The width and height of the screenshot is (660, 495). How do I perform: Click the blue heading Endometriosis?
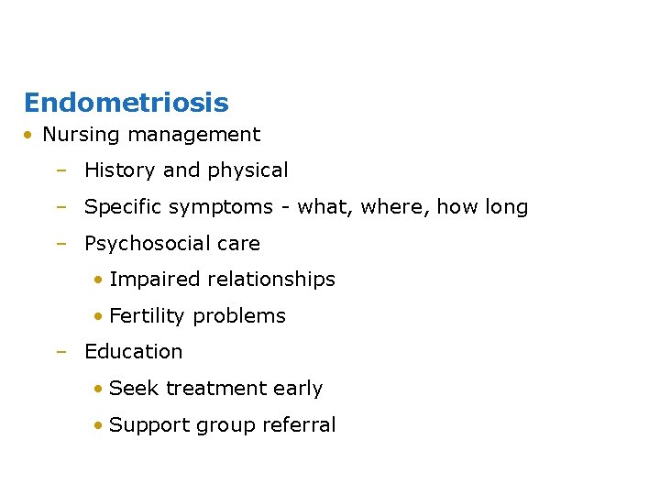click(126, 103)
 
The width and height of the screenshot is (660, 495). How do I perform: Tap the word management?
click(193, 135)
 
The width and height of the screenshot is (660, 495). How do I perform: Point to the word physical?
click(247, 171)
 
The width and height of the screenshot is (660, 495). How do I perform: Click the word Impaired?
click(152, 280)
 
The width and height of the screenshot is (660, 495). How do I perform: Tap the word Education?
click(134, 352)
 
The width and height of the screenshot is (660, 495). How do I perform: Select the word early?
click(299, 389)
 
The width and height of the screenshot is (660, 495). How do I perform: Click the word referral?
click(302, 425)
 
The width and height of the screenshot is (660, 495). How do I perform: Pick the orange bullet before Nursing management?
click(30, 136)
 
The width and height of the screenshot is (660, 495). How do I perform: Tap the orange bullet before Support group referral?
click(97, 425)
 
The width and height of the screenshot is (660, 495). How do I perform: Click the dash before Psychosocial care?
click(60, 244)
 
